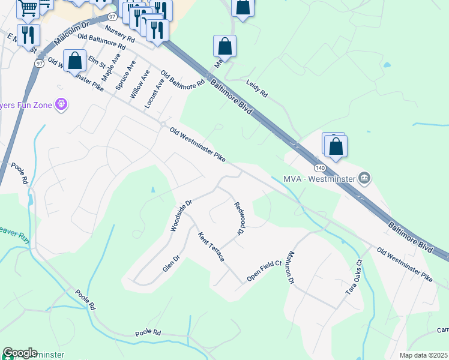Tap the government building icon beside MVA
coord(364,178)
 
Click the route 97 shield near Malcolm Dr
coord(112,17)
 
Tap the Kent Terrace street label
coord(211,247)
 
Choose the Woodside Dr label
coord(181,215)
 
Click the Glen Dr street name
coord(172,263)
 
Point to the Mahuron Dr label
coord(291,268)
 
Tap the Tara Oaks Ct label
coord(354,277)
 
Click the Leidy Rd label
coord(256,90)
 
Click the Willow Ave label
coord(140,83)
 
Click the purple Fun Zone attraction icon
coord(61,105)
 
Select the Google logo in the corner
coord(20,353)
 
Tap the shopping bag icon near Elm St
coord(75,61)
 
